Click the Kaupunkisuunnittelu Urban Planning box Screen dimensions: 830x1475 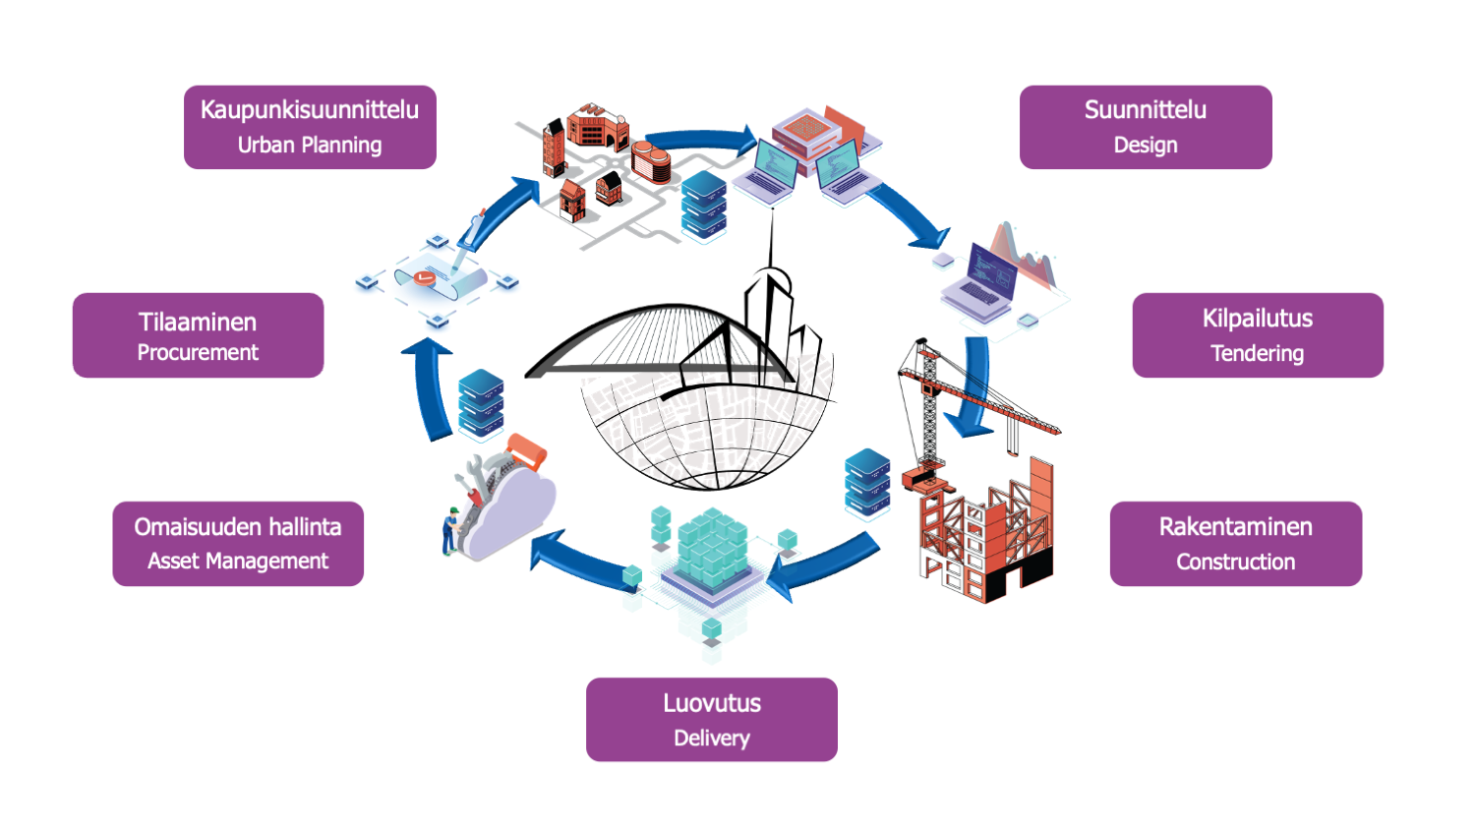coord(310,127)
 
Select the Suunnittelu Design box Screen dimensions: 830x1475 coord(1146,127)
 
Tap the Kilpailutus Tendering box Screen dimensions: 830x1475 coord(1258,335)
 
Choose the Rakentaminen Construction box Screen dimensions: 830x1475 coord(1236,544)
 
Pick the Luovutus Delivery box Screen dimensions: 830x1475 coord(712,720)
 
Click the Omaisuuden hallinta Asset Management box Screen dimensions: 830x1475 coord(238,544)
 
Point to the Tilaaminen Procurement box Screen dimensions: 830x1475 coord(198,335)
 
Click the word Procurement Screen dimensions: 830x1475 coord(198,353)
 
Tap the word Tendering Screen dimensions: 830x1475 coord(1257,354)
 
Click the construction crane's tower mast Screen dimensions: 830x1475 coord(927,413)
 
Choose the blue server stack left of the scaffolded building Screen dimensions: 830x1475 coord(867,482)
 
